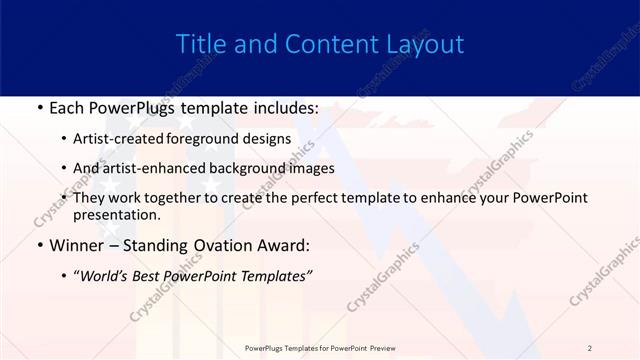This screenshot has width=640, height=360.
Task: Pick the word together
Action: tap(171, 198)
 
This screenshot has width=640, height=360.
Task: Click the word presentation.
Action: tap(115, 215)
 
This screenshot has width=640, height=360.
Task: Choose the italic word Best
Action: tap(150, 275)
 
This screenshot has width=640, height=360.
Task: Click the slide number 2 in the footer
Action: tap(590, 348)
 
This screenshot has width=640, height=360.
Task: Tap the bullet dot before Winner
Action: tap(38, 245)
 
